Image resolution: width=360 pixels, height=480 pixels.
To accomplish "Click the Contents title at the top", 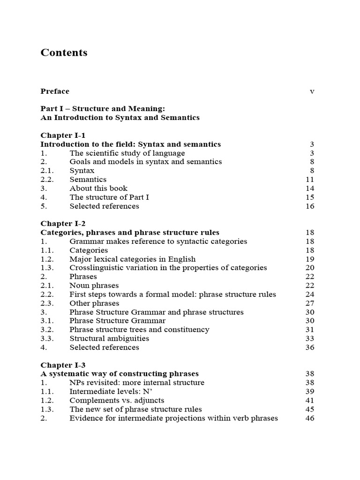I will [x=64, y=52].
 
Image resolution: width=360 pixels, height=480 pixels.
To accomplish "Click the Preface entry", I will [x=55, y=91].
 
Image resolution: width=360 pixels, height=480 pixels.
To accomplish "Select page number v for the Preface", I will [x=312, y=91].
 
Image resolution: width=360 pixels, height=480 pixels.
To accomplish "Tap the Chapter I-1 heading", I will [x=63, y=135].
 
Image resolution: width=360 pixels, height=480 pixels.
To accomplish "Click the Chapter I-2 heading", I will [x=63, y=224].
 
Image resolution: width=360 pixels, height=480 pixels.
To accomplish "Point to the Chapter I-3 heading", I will [x=63, y=365].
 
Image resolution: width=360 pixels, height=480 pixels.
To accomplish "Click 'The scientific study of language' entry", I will [x=127, y=153].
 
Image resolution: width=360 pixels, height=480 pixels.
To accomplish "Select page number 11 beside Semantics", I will [x=309, y=180].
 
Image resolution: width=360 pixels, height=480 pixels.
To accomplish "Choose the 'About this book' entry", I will [x=98, y=188].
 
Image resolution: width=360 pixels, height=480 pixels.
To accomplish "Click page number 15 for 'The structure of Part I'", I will [x=309, y=197].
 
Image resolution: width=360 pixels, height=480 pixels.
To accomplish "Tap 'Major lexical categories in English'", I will [x=133, y=259].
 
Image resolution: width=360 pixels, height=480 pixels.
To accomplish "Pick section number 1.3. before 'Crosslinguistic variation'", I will [x=47, y=268].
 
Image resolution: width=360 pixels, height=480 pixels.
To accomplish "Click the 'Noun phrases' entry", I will [x=94, y=285].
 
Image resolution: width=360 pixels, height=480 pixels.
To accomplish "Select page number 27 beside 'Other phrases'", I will [x=309, y=303].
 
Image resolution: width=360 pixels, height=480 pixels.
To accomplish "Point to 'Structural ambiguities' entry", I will [x=109, y=338].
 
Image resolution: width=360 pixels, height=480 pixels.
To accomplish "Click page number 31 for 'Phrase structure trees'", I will [x=309, y=330].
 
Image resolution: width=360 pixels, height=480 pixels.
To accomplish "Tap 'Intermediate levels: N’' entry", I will [x=111, y=391].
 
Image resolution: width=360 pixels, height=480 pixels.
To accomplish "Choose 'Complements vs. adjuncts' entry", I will [x=117, y=400].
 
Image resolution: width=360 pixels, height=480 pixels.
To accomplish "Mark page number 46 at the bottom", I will [x=309, y=418].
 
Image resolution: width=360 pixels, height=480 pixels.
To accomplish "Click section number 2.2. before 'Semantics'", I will [x=47, y=180].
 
